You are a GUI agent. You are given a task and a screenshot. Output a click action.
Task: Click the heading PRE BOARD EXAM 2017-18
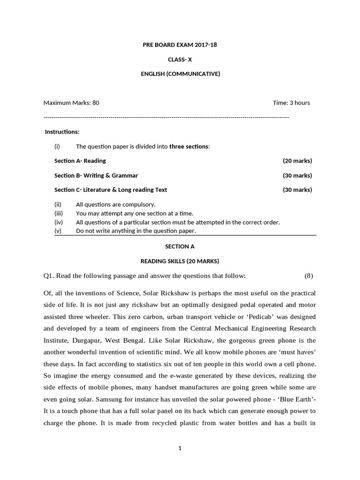[180, 45]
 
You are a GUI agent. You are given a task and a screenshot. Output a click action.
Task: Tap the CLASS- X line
[180, 60]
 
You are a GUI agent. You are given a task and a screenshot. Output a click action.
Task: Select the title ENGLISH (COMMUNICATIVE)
[180, 74]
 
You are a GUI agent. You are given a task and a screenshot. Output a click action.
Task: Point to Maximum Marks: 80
[71, 103]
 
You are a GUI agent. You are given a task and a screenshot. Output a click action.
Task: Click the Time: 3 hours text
[291, 103]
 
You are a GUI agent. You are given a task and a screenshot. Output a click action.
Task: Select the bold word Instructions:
[62, 132]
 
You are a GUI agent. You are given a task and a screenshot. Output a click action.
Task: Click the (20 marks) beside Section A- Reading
[297, 161]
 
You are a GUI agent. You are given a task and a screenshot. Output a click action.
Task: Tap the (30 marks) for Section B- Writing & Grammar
[297, 175]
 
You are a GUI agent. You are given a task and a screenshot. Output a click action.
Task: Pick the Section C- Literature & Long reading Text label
[111, 190]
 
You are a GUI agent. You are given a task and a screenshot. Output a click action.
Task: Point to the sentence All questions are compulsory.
[115, 204]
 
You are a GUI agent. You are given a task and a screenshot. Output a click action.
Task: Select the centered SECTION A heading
[180, 246]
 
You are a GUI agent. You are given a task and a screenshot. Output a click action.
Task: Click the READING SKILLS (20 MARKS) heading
[180, 261]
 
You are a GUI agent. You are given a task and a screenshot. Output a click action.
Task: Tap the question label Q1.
[49, 276]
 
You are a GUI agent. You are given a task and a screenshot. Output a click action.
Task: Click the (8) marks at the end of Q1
[308, 276]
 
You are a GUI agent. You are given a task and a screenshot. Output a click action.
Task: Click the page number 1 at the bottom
[180, 448]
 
